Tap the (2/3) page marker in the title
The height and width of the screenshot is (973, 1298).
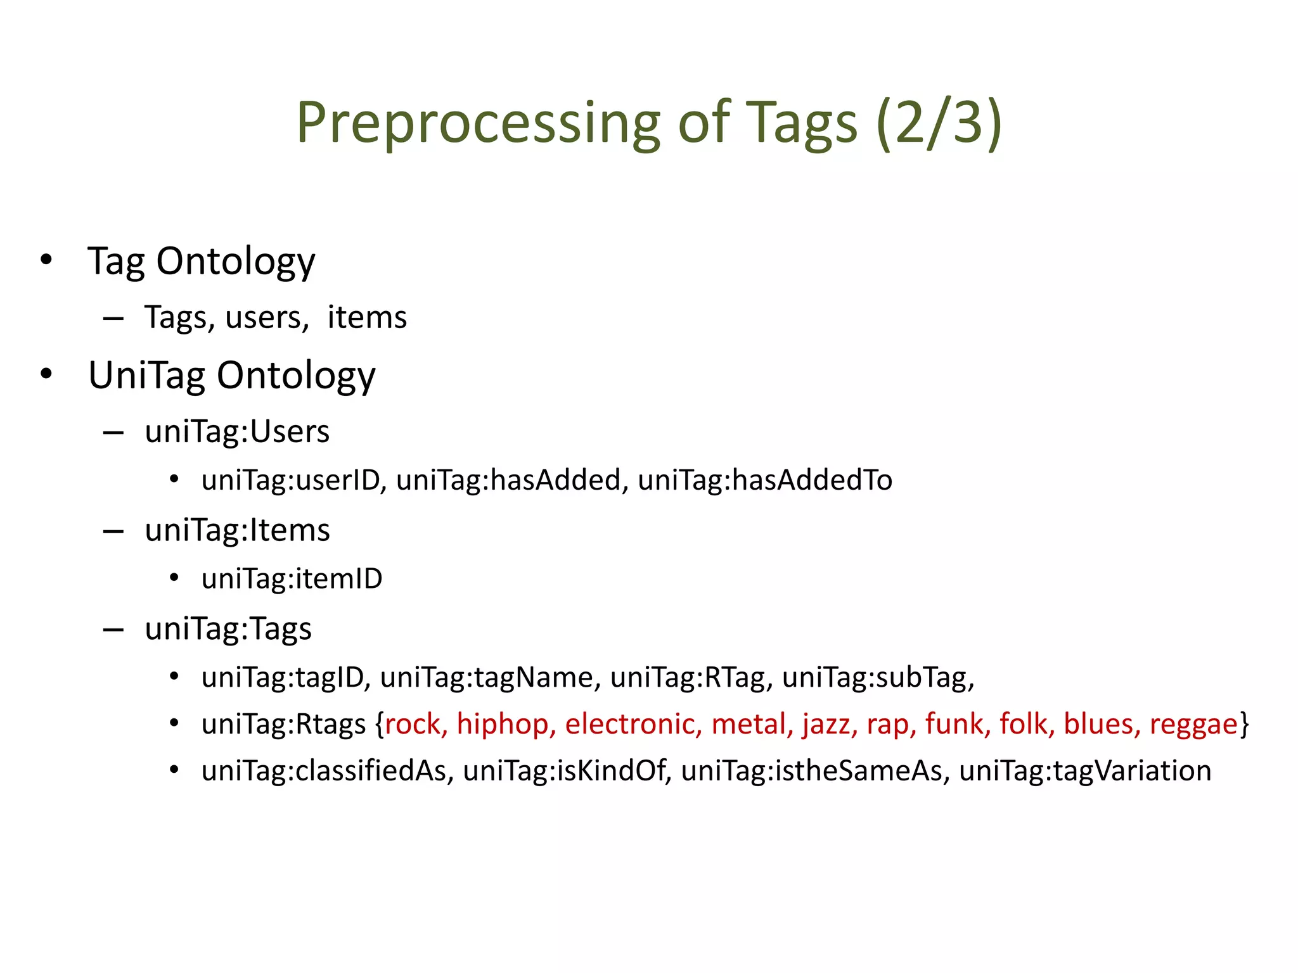coord(939,123)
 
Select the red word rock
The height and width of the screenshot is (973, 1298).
coord(413,724)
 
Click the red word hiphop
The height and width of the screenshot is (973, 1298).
coord(503,724)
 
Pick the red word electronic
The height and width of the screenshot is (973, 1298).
coord(630,724)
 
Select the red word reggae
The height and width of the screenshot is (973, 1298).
coord(1193,724)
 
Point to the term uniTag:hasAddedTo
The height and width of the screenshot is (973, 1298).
coord(765,480)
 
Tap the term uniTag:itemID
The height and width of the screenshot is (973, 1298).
coord(292,579)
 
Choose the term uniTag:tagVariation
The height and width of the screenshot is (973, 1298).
coord(1084,771)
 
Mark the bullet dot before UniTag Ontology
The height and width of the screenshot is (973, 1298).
coord(46,374)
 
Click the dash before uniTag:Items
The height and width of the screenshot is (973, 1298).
coord(113,531)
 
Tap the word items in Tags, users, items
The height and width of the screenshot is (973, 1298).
coord(367,317)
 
